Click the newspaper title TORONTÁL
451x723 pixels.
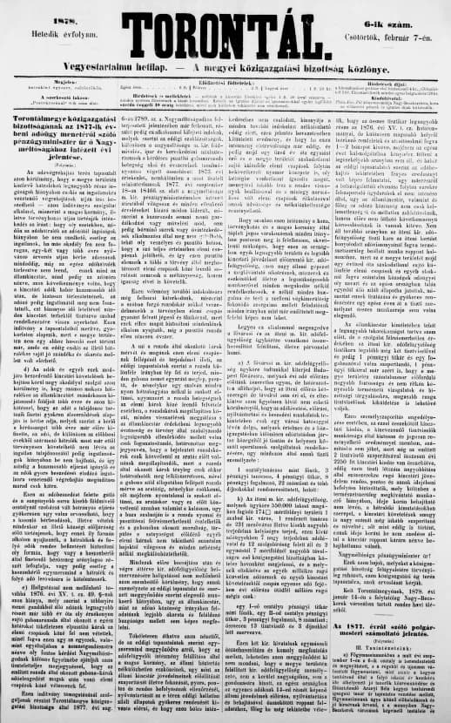click(x=225, y=24)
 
